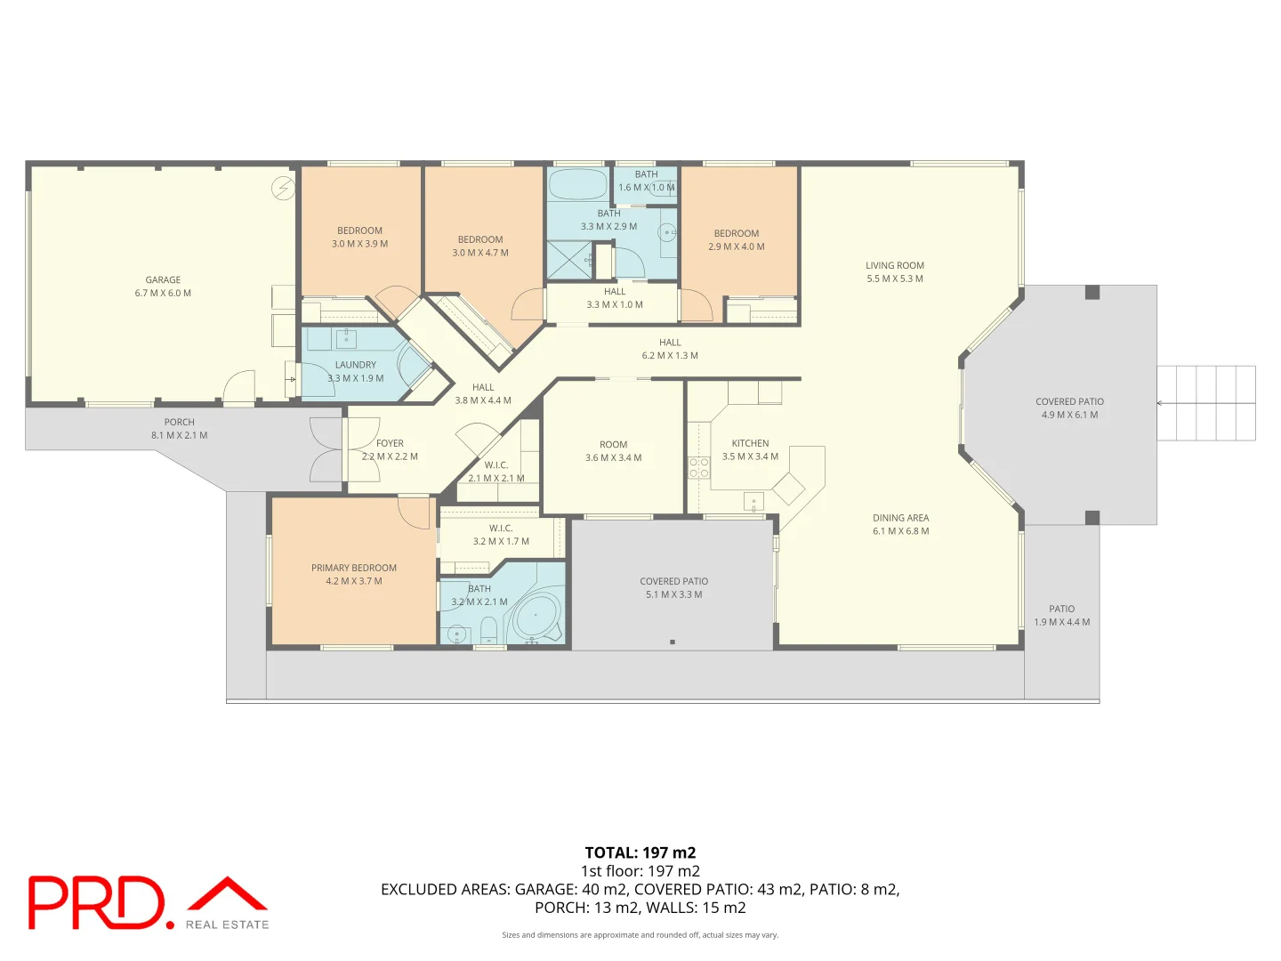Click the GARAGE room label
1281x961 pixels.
click(163, 280)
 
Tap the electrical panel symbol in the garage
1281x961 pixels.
click(283, 189)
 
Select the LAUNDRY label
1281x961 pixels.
click(356, 365)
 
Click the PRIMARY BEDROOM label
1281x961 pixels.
click(354, 568)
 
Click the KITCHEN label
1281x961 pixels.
click(750, 443)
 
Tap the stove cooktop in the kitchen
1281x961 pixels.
click(698, 467)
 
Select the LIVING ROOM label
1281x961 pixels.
click(895, 265)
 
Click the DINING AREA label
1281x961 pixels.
click(900, 518)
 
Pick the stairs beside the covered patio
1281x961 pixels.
click(1205, 403)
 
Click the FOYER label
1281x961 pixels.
click(390, 443)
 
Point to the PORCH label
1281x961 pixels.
click(179, 422)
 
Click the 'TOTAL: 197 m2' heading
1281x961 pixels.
click(640, 853)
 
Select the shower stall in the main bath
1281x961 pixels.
click(569, 260)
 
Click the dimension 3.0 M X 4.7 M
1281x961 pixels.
click(480, 254)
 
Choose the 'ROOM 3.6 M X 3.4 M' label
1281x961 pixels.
click(613, 451)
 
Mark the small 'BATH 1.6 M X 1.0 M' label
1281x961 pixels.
click(647, 181)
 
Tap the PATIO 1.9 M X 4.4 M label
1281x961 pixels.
click(1062, 616)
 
